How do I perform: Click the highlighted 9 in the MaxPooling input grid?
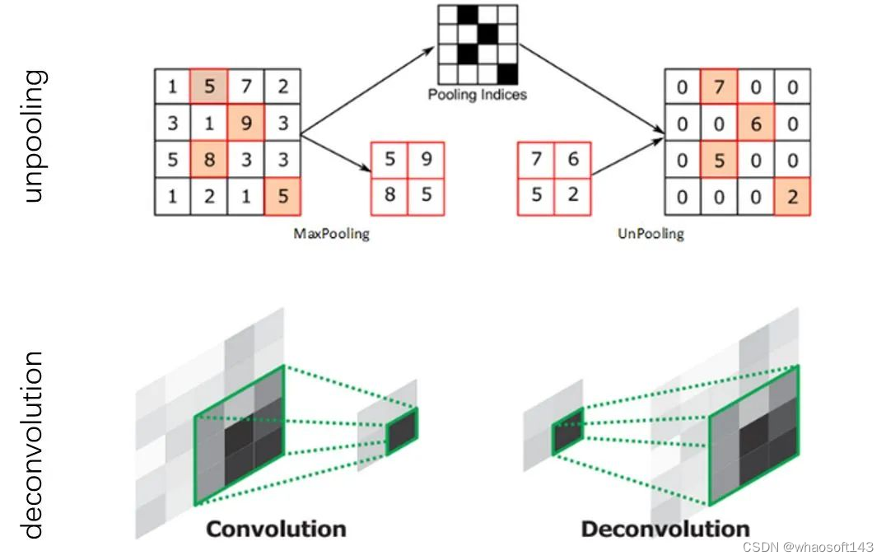(x=246, y=124)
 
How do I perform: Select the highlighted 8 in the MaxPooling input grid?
(x=209, y=160)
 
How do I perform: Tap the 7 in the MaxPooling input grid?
(x=246, y=87)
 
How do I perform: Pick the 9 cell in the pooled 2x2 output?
(x=426, y=160)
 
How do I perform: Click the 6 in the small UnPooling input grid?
(x=573, y=160)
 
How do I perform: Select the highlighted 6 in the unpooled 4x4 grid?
(x=756, y=124)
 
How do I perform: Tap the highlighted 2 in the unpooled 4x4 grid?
(x=792, y=197)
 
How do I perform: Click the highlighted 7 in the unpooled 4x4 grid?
(x=719, y=87)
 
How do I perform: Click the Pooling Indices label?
(x=478, y=95)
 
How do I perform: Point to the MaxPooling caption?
(x=332, y=234)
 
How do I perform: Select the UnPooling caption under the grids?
(x=651, y=234)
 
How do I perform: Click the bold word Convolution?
(x=276, y=528)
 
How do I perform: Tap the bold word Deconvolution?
(x=665, y=528)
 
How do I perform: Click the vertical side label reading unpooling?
(x=35, y=136)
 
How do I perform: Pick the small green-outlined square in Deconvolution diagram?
(x=568, y=428)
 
